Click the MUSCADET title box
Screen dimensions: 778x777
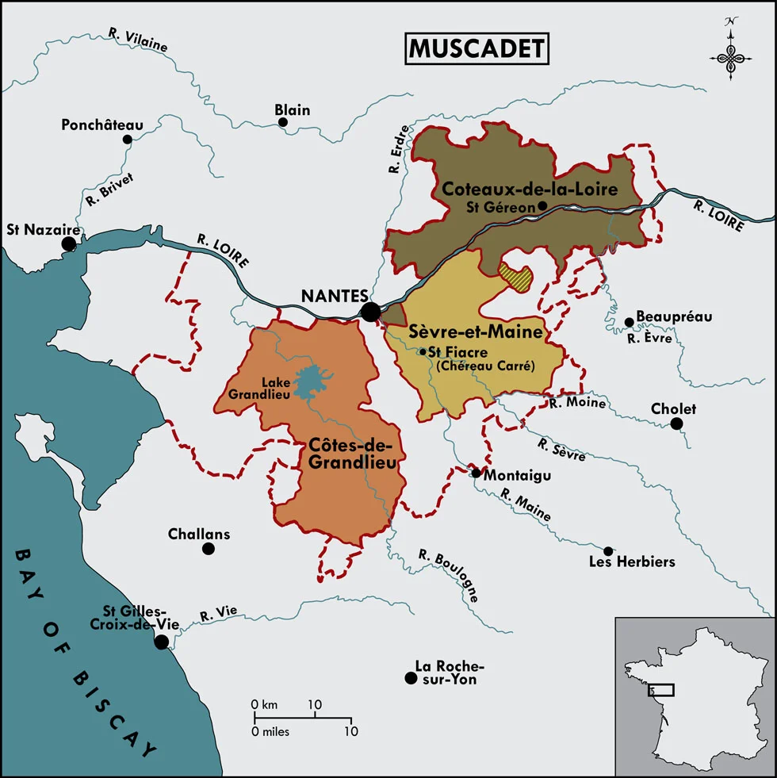pyautogui.click(x=477, y=49)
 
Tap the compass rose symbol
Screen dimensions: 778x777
pyautogui.click(x=730, y=56)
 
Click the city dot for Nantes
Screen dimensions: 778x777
pyautogui.click(x=370, y=312)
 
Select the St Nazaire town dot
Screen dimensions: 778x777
pyautogui.click(x=70, y=243)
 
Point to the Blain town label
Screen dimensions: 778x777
pyautogui.click(x=293, y=110)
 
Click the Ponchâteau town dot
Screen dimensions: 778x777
pyautogui.click(x=127, y=140)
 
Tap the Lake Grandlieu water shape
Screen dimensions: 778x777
pyautogui.click(x=315, y=381)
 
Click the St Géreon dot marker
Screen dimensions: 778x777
pyautogui.click(x=542, y=205)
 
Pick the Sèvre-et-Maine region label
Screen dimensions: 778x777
pyautogui.click(x=475, y=332)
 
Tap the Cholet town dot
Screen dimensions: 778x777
pyautogui.click(x=676, y=423)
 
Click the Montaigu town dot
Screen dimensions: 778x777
pyautogui.click(x=476, y=473)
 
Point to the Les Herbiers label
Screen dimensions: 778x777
pyautogui.click(x=632, y=562)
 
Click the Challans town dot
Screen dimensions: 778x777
pyautogui.click(x=209, y=548)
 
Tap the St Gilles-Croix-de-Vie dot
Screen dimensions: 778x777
pyautogui.click(x=162, y=642)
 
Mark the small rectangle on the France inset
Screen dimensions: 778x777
pyautogui.click(x=660, y=689)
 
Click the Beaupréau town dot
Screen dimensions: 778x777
pyautogui.click(x=629, y=322)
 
